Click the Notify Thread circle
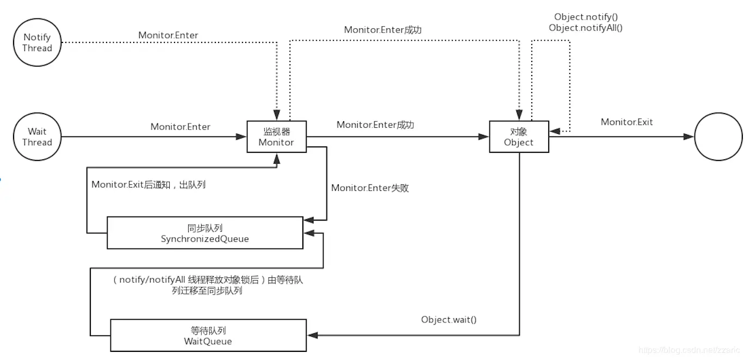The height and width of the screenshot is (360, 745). tap(37, 42)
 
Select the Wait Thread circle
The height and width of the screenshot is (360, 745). tap(37, 136)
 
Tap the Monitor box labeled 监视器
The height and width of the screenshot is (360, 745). tap(276, 137)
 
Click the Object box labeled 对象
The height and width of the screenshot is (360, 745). tap(519, 137)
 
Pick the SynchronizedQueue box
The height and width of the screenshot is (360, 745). tap(204, 233)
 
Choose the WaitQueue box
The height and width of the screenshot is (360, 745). tap(208, 336)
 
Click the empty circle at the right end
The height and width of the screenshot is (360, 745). tap(718, 136)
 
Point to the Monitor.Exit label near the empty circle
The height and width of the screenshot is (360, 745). tap(626, 122)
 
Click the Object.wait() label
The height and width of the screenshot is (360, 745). tap(449, 319)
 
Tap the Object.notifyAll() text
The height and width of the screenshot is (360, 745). tap(586, 27)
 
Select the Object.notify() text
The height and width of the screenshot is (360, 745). tap(586, 17)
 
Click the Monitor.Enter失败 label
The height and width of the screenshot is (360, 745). tap(370, 188)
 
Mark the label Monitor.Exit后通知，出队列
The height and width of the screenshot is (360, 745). tap(148, 184)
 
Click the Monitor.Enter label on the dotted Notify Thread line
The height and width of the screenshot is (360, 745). tap(168, 35)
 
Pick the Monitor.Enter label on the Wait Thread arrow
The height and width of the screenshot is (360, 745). tap(180, 126)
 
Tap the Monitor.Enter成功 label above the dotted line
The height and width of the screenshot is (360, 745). tap(382, 30)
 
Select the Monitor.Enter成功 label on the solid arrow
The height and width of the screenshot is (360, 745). tap(375, 125)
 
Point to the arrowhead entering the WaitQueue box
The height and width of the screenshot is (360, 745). tap(312, 335)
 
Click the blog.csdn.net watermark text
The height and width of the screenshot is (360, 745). tap(688, 350)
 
